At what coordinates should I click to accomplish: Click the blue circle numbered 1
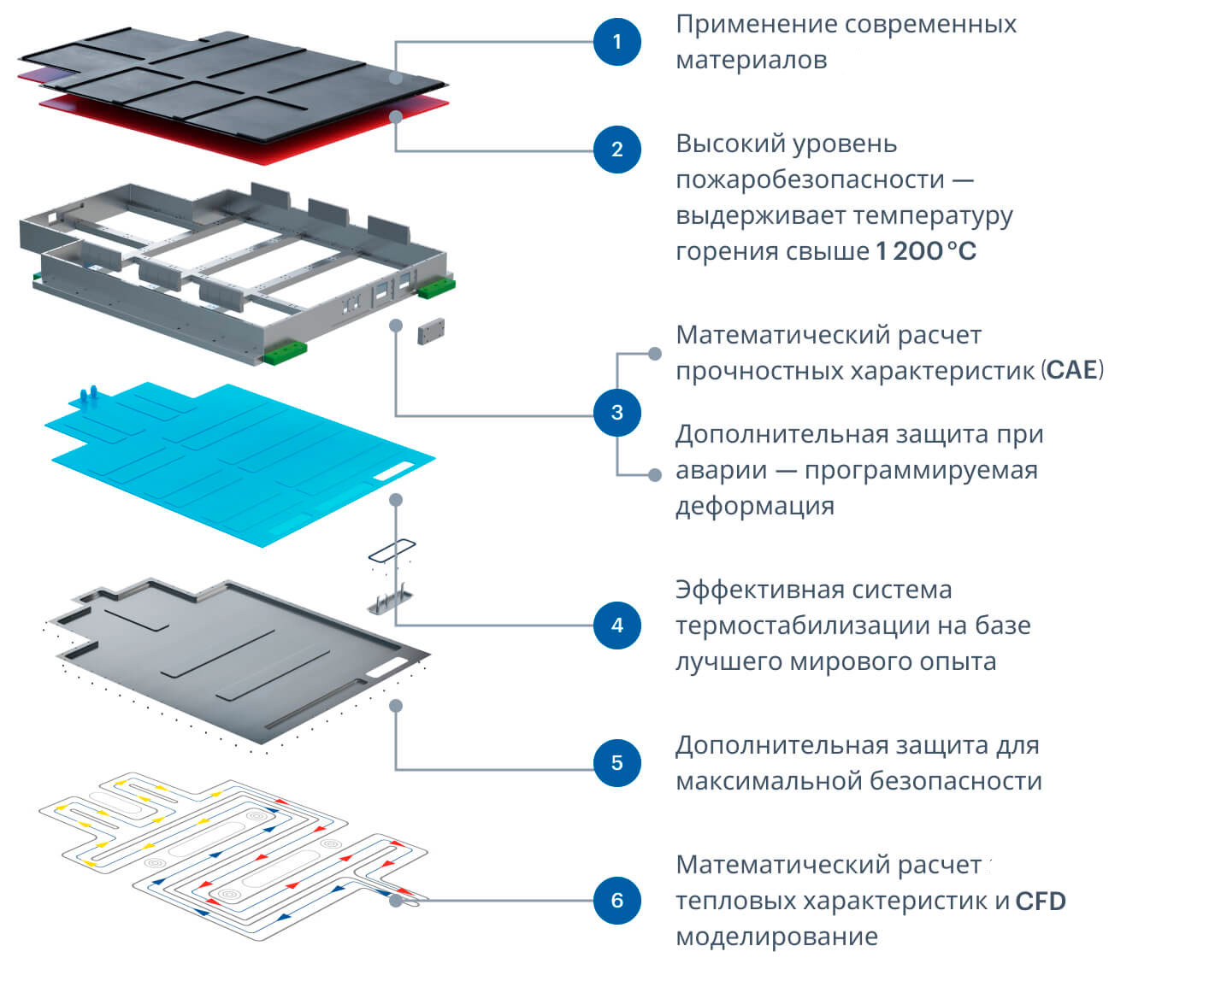click(617, 41)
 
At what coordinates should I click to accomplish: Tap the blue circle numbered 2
click(617, 150)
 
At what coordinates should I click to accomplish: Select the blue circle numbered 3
click(617, 413)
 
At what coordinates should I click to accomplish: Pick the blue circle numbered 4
click(617, 625)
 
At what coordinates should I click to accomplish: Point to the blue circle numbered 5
click(617, 762)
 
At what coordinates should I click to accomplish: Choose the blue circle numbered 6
click(617, 900)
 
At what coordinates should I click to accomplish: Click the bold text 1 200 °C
click(926, 251)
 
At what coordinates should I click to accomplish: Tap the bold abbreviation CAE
click(1072, 370)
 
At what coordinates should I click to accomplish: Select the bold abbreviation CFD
click(1041, 902)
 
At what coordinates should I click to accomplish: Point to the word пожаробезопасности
click(810, 179)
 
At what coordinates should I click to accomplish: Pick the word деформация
click(755, 506)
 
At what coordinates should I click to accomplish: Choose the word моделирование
click(776, 937)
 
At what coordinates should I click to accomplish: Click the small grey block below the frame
click(431, 332)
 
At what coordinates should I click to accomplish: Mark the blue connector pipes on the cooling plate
click(88, 396)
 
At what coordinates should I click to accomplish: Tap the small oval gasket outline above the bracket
click(392, 551)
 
